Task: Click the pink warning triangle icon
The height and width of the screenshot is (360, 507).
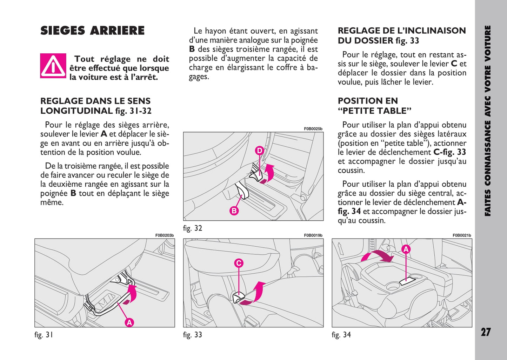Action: [x=53, y=66]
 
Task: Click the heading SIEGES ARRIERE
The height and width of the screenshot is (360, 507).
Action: [x=92, y=31]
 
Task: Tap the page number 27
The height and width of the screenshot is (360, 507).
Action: [x=486, y=332]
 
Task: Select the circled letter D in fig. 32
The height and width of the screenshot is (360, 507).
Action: [x=259, y=151]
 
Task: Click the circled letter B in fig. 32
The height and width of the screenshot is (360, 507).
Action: [x=234, y=211]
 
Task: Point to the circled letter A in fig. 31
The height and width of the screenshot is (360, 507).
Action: [x=129, y=322]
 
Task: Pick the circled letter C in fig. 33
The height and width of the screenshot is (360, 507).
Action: [x=239, y=263]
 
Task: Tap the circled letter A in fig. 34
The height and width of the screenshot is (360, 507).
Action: [x=406, y=249]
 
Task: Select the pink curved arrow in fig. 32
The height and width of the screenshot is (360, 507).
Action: [x=267, y=173]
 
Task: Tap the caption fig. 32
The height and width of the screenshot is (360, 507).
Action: [x=193, y=228]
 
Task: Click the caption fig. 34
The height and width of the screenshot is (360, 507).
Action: [x=341, y=335]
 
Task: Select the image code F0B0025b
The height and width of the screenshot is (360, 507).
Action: [x=313, y=129]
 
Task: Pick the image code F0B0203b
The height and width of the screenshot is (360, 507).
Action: [x=164, y=235]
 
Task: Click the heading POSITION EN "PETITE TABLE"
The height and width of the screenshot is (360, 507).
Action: [x=374, y=106]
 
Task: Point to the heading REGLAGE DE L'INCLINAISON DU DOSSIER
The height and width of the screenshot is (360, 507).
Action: [x=402, y=35]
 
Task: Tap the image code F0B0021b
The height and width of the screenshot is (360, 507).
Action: [x=462, y=235]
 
